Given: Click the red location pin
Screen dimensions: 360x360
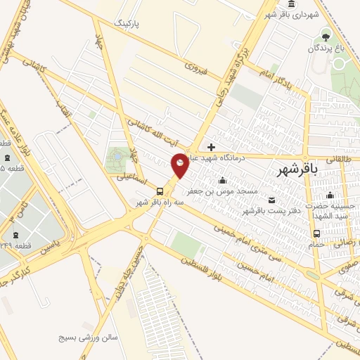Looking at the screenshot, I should pyautogui.click(x=180, y=165).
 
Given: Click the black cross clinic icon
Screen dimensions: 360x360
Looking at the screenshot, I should pyautogui.click(x=211, y=148).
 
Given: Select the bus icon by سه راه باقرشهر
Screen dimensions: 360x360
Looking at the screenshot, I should pyautogui.click(x=160, y=191).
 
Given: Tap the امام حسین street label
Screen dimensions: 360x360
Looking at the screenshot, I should pyautogui.click(x=272, y=269).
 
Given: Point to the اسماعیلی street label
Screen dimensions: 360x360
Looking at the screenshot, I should pyautogui.click(x=130, y=180).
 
